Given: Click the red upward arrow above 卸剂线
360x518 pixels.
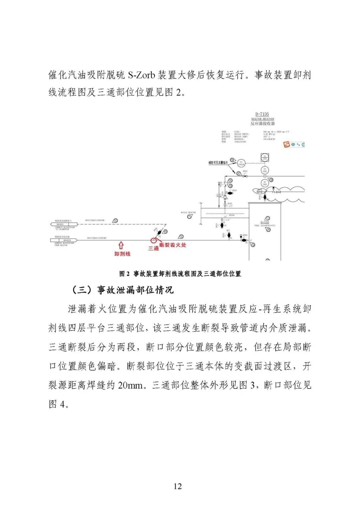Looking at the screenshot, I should (x=121, y=245).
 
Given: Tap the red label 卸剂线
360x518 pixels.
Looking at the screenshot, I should (x=122, y=254).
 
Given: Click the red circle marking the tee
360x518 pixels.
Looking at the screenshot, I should (x=154, y=240).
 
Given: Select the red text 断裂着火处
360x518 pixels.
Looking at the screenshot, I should (x=173, y=245).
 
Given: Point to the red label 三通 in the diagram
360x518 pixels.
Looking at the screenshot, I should (x=153, y=248).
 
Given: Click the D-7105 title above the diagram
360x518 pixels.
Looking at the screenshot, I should (x=262, y=114).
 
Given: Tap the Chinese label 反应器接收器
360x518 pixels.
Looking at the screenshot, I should (x=263, y=123).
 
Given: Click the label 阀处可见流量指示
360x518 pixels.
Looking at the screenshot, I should (x=218, y=162).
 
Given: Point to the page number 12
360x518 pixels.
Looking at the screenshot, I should (x=178, y=486).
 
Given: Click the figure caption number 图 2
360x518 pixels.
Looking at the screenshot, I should (x=124, y=274).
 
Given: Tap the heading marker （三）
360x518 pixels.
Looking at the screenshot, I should (x=82, y=290).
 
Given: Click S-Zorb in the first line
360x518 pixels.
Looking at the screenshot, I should (x=141, y=75).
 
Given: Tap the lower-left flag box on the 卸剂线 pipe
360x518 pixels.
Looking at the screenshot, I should (x=64, y=240).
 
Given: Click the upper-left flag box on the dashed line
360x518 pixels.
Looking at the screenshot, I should (x=64, y=224).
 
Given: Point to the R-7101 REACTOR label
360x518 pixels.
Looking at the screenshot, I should (x=188, y=212).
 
